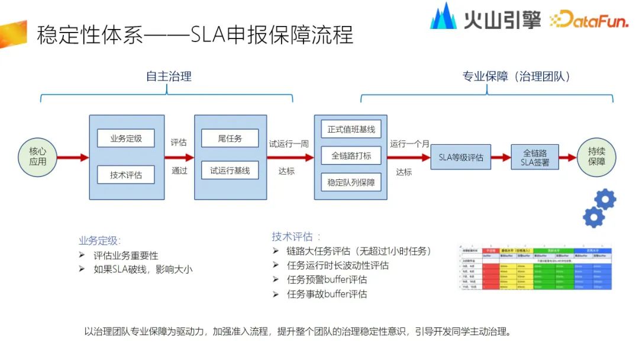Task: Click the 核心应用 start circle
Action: (x=38, y=157)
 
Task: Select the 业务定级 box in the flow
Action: (x=126, y=139)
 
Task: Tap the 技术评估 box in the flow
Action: (x=126, y=175)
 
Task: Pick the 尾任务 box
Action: (x=230, y=139)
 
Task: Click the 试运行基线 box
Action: (x=230, y=171)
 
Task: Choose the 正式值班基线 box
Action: (x=351, y=129)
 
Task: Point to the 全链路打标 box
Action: (x=351, y=156)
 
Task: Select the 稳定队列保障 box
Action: (x=351, y=182)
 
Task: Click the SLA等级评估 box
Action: (x=461, y=157)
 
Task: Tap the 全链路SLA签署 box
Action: (x=535, y=157)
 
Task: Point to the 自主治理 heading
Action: (x=169, y=76)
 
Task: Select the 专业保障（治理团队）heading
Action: (x=517, y=76)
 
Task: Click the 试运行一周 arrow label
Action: (x=289, y=143)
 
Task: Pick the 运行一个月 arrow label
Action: (x=409, y=143)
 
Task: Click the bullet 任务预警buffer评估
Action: (x=327, y=279)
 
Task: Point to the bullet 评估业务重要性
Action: (x=125, y=255)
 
